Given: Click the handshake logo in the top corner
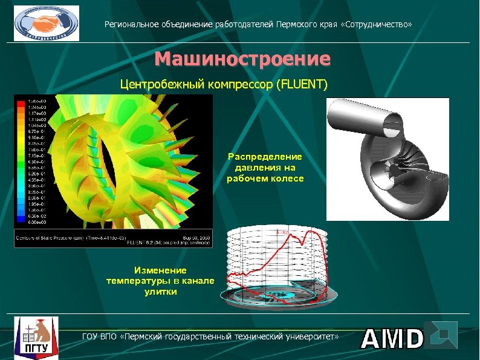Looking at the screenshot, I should [46, 23].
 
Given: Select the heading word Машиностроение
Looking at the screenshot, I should [242, 59].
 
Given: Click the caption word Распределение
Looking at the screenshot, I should [265, 157].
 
